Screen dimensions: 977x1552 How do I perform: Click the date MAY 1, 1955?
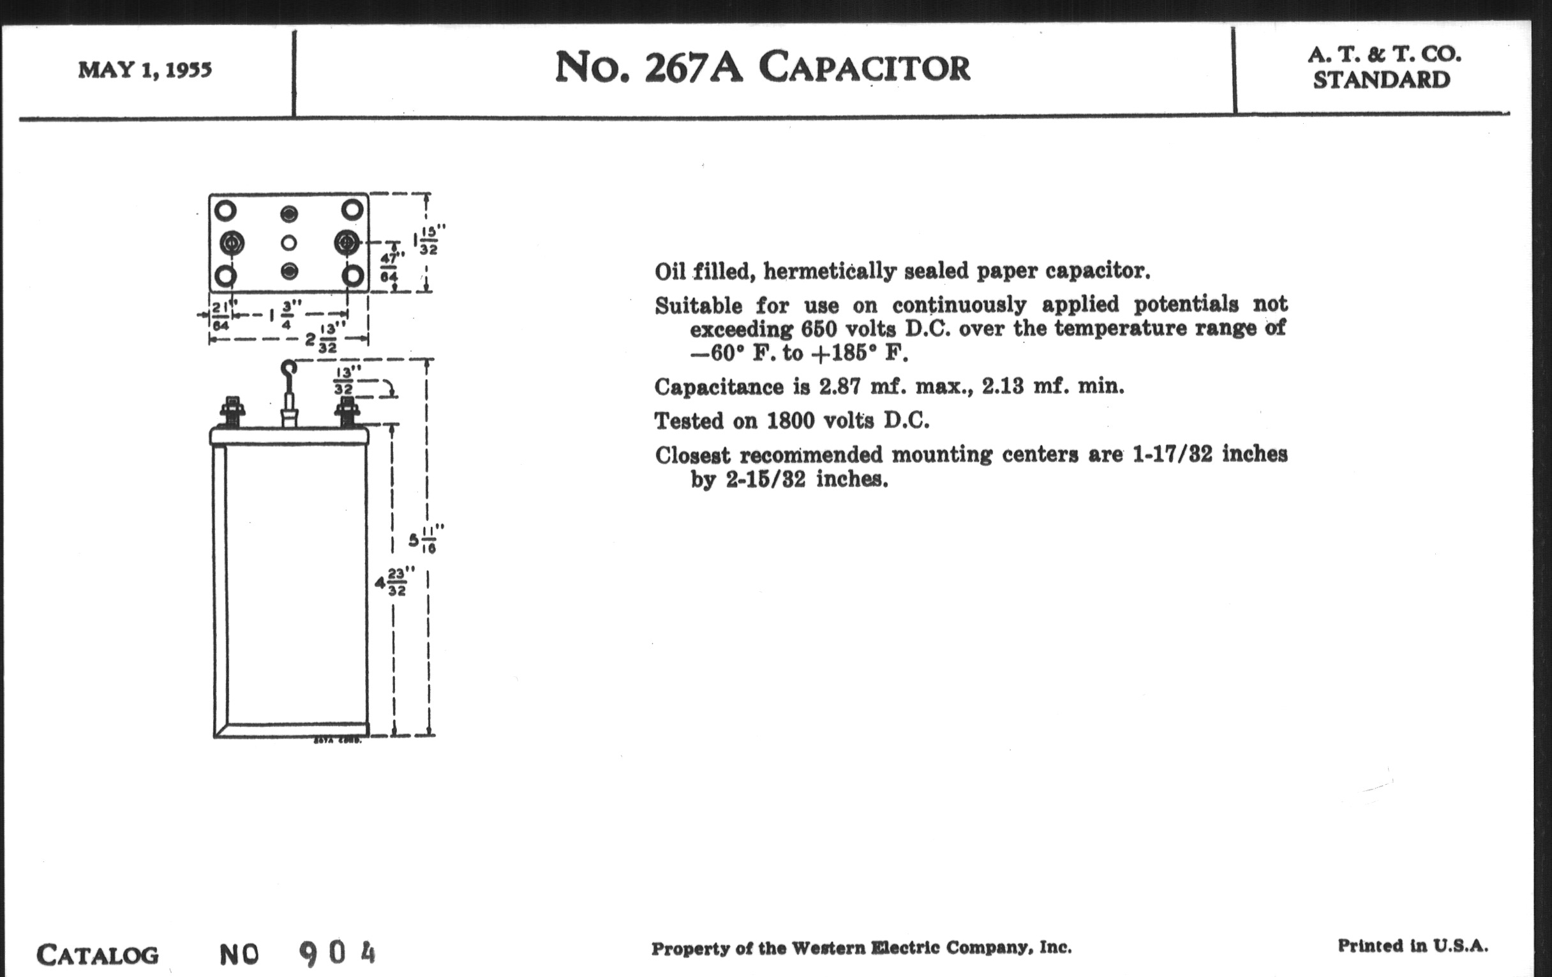145,70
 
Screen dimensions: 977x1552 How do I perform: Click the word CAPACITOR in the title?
863,68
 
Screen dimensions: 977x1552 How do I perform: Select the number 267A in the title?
694,68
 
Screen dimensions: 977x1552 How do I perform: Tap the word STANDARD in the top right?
1381,80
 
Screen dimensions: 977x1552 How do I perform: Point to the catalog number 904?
337,953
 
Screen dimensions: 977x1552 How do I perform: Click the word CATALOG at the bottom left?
98,955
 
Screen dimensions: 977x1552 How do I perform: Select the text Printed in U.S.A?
1413,946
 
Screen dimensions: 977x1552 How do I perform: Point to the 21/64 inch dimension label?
221,315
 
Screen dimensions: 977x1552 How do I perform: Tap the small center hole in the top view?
289,243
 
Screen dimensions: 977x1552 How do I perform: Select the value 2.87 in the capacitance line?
839,386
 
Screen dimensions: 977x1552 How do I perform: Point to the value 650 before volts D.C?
819,329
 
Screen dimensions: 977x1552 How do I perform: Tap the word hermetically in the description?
830,271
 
